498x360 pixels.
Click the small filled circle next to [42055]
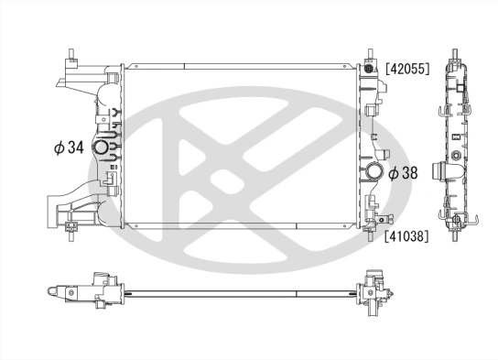pos(369,69)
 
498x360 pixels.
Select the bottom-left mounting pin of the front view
pos(69,242)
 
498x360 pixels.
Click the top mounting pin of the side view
pos(454,52)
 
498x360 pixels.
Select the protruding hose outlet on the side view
pos(450,171)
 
